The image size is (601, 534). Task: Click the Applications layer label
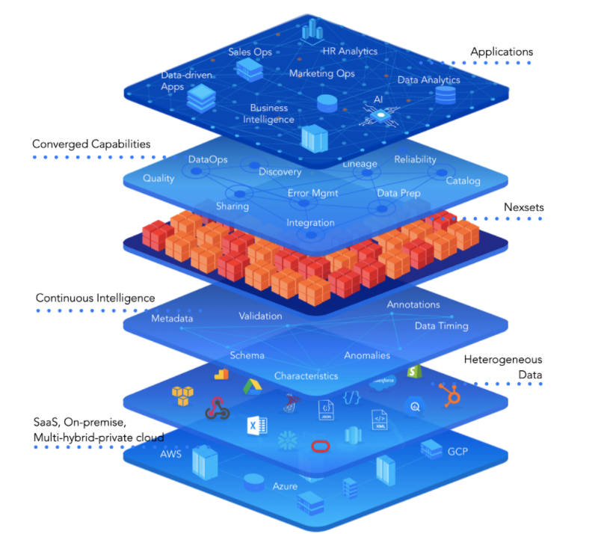tap(501, 52)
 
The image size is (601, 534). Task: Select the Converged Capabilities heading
tap(91, 144)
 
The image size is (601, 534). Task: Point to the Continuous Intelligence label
tap(96, 298)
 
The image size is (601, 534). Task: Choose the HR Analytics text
tap(350, 52)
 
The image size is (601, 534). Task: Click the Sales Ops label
tap(250, 52)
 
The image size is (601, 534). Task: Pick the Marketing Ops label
tap(321, 74)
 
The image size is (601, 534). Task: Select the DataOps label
tap(208, 159)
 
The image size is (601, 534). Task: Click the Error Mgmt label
tap(312, 193)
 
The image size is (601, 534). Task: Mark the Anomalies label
tap(367, 355)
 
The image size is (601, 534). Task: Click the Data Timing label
tap(442, 325)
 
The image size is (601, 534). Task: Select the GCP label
tap(457, 452)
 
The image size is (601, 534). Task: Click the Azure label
tap(285, 486)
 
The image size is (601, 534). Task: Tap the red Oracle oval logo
tap(320, 446)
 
